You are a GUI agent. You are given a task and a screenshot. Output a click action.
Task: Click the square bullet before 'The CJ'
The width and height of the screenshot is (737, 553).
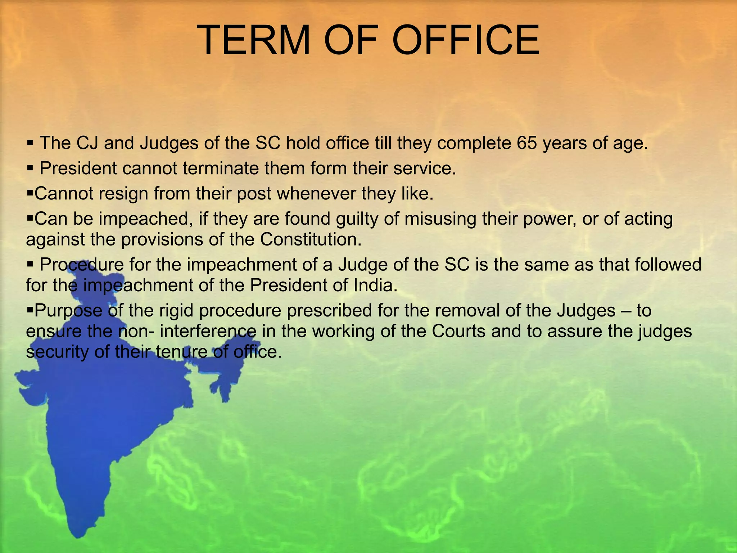[x=30, y=143]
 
